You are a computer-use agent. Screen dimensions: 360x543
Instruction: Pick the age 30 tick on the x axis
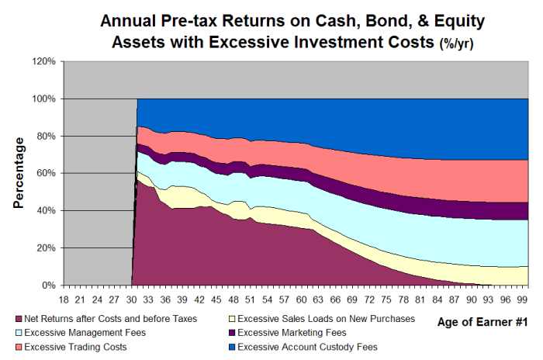(x=132, y=298)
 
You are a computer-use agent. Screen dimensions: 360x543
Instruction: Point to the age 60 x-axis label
(x=297, y=298)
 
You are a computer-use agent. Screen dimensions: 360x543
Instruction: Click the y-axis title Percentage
(x=19, y=172)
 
